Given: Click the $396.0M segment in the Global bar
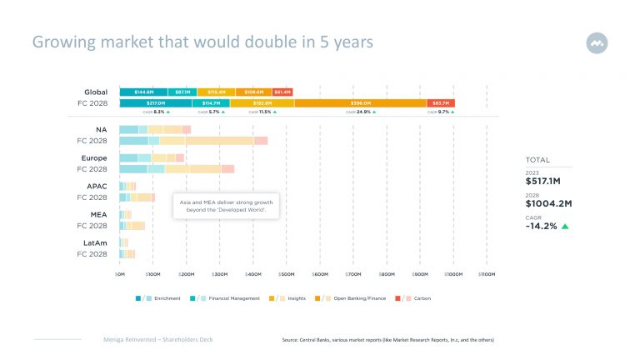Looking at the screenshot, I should tap(360, 103).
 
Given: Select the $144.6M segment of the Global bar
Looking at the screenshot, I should tap(143, 92).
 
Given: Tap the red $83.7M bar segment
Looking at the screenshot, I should tap(441, 103).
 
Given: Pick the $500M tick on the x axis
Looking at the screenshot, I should tap(286, 273).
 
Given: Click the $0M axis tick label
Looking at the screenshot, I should tap(119, 273).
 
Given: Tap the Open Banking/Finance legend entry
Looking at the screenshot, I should tap(359, 297).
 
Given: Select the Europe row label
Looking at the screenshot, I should tap(93, 157).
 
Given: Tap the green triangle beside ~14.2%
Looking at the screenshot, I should tap(565, 226).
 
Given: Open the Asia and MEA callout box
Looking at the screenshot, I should tap(226, 206).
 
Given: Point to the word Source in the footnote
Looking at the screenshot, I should tap(292, 341).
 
